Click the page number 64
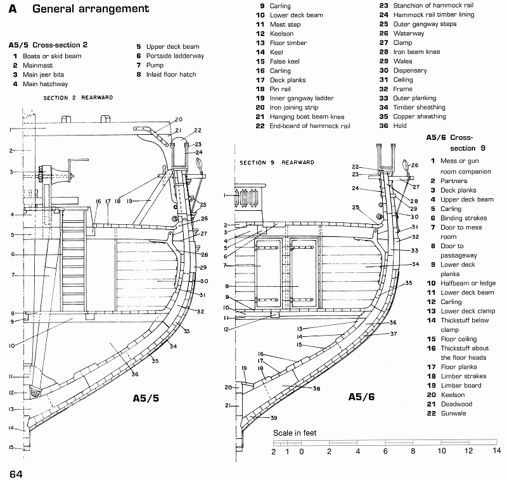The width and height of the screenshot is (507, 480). pyautogui.click(x=16, y=474)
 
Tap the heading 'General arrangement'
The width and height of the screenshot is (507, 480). pyautogui.click(x=91, y=9)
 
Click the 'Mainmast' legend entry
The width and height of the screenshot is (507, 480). pyautogui.click(x=37, y=65)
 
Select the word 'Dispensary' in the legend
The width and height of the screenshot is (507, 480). pyautogui.click(x=410, y=70)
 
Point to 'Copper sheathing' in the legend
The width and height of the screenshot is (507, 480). pyautogui.click(x=420, y=117)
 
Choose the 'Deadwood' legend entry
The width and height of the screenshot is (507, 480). pyautogui.click(x=456, y=404)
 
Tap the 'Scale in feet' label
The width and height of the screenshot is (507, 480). pyautogui.click(x=295, y=433)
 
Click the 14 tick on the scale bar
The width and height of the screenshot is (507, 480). pyautogui.click(x=497, y=450)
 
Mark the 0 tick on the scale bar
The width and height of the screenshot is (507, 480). pyautogui.click(x=302, y=452)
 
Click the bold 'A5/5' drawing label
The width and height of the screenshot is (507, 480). pyautogui.click(x=146, y=398)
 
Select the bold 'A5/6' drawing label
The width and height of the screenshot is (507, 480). pyautogui.click(x=361, y=396)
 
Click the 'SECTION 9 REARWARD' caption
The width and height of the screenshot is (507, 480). pyautogui.click(x=277, y=163)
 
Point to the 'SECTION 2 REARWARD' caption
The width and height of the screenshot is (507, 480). pyautogui.click(x=78, y=98)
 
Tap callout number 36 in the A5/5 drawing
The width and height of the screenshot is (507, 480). pyautogui.click(x=135, y=374)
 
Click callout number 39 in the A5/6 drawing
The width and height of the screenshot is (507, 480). pyautogui.click(x=274, y=418)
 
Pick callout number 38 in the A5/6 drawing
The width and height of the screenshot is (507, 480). pyautogui.click(x=316, y=389)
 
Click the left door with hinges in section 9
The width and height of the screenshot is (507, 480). pyautogui.click(x=268, y=273)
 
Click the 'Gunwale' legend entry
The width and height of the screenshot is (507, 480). pyautogui.click(x=453, y=414)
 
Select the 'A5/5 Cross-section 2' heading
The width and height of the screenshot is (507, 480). pyautogui.click(x=48, y=45)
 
